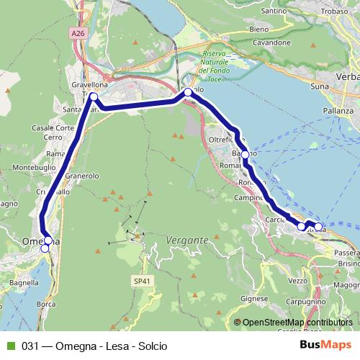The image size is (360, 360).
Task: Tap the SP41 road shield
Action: click(x=141, y=280)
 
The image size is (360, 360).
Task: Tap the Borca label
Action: click(x=45, y=305)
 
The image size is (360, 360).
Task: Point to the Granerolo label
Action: click(x=81, y=176)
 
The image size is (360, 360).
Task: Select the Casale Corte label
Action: click(x=53, y=127)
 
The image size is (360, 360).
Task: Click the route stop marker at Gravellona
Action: click(x=93, y=96)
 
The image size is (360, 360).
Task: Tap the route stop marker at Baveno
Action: click(x=245, y=155)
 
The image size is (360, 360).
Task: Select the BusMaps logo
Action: click(x=326, y=345)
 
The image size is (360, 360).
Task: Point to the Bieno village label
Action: click(x=257, y=29)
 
